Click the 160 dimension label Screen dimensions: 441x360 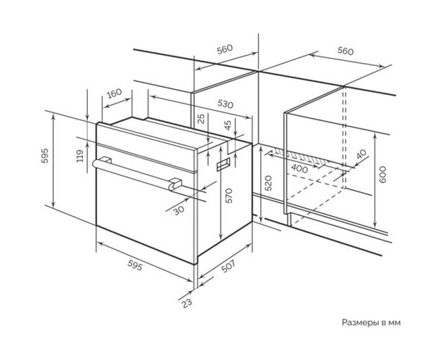(115, 93)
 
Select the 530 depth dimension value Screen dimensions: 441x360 (225, 104)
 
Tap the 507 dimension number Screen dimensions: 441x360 (228, 266)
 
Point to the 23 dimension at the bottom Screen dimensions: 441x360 (187, 303)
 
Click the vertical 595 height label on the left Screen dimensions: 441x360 (45, 156)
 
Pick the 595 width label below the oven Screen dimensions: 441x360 (135, 265)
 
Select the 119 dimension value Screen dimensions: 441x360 (80, 156)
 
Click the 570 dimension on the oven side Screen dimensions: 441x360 (229, 196)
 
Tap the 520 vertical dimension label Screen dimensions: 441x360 (269, 183)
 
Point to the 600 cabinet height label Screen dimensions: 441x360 (383, 175)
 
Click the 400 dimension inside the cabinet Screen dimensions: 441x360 (299, 168)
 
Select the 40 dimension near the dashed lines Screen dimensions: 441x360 (362, 154)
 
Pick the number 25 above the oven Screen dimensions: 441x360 (201, 119)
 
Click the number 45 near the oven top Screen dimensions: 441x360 (228, 125)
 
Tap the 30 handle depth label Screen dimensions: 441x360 (179, 209)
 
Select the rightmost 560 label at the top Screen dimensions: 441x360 (345, 51)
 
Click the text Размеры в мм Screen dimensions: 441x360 (372, 323)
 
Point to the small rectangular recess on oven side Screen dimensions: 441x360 (223, 164)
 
